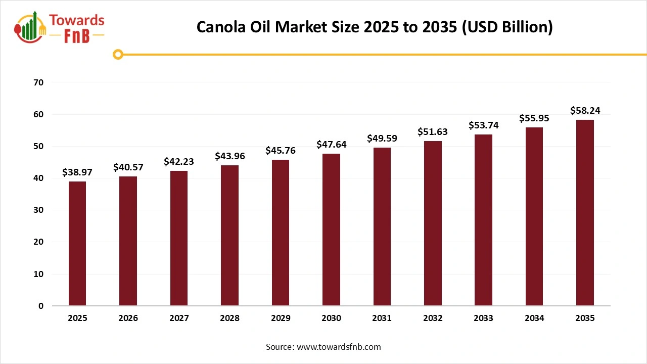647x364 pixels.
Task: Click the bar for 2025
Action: click(77, 244)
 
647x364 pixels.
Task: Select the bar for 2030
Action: click(331, 230)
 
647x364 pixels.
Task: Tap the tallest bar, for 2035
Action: click(585, 213)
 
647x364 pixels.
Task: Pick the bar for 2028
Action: click(229, 236)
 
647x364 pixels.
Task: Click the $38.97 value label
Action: click(77, 172)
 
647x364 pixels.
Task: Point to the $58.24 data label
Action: click(585, 111)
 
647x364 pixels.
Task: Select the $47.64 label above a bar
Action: click(331, 145)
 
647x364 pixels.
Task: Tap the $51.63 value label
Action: click(433, 132)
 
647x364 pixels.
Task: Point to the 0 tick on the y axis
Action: click(41, 306)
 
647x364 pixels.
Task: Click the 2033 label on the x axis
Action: click(483, 318)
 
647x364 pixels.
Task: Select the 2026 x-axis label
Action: click(128, 318)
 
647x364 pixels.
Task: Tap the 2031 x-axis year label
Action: click(382, 318)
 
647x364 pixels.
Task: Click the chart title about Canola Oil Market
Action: click(375, 27)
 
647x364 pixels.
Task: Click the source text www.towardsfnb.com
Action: click(323, 347)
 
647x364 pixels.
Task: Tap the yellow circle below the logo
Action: click(118, 54)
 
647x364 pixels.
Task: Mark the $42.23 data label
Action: click(179, 162)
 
